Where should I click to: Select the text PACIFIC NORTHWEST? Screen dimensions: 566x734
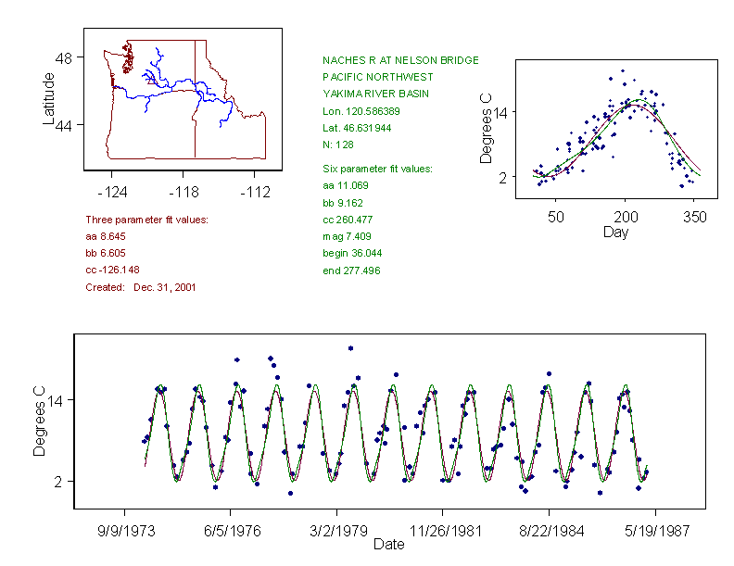[x=377, y=77]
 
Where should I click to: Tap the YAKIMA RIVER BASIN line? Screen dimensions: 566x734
[x=375, y=94]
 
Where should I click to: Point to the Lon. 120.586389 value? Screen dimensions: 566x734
[x=361, y=111]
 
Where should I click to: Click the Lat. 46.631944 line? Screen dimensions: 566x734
[x=357, y=128]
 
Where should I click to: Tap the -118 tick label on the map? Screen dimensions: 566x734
[x=183, y=193]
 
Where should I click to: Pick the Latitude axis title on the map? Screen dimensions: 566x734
[x=49, y=98]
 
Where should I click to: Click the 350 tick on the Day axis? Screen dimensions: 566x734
[x=694, y=217]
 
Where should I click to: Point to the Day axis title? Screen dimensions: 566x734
[x=615, y=232]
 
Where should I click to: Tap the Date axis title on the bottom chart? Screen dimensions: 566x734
[x=389, y=545]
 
